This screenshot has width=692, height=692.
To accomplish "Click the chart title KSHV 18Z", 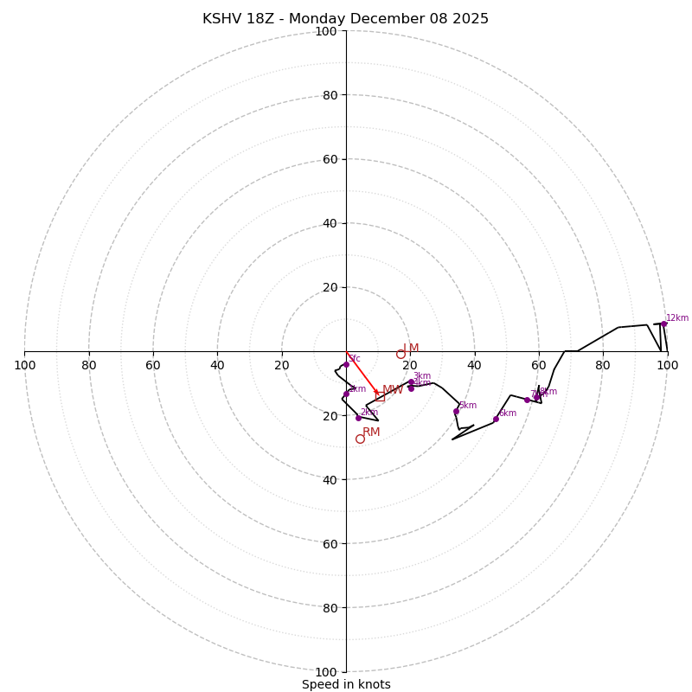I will [345, 19].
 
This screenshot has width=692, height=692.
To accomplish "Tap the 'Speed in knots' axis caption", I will [346, 684].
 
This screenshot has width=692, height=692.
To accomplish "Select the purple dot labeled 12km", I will [663, 324].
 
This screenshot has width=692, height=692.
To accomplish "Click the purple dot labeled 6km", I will [496, 419].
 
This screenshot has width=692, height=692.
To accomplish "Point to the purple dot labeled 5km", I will [456, 411].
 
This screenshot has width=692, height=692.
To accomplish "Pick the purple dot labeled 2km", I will [358, 418].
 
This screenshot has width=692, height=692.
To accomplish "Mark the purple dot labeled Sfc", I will [346, 364].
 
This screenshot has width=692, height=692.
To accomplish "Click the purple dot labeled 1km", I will [346, 394].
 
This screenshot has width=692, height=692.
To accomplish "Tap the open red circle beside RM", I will [360, 439].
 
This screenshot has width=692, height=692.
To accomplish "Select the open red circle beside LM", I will [400, 354].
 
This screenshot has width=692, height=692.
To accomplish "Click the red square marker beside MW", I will [380, 396].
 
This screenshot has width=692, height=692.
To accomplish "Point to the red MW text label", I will [393, 390].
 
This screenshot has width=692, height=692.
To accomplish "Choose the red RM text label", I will [371, 432].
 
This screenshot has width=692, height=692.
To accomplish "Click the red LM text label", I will [411, 348].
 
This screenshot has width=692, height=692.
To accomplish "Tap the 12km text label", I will [677, 317].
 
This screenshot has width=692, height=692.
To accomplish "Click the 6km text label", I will [507, 413].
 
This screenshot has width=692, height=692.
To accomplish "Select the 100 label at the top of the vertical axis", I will [326, 32].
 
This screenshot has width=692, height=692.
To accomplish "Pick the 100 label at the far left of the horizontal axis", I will [24, 365].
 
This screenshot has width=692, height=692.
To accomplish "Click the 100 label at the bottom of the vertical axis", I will [326, 671].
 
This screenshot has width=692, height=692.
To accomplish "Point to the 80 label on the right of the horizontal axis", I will [603, 365].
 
